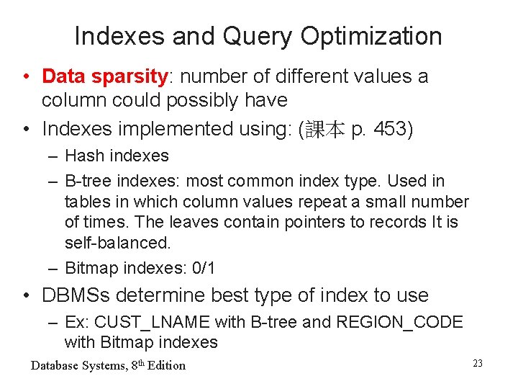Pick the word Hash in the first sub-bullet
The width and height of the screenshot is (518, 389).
click(x=84, y=156)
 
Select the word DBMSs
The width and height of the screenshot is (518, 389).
click(x=74, y=295)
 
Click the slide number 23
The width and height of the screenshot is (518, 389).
click(x=478, y=364)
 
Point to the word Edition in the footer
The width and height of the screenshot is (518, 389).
click(x=166, y=365)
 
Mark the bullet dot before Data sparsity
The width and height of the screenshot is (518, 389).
click(x=25, y=77)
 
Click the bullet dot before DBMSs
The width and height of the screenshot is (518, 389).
click(x=25, y=296)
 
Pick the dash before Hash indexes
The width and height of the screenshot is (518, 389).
click(x=54, y=156)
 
